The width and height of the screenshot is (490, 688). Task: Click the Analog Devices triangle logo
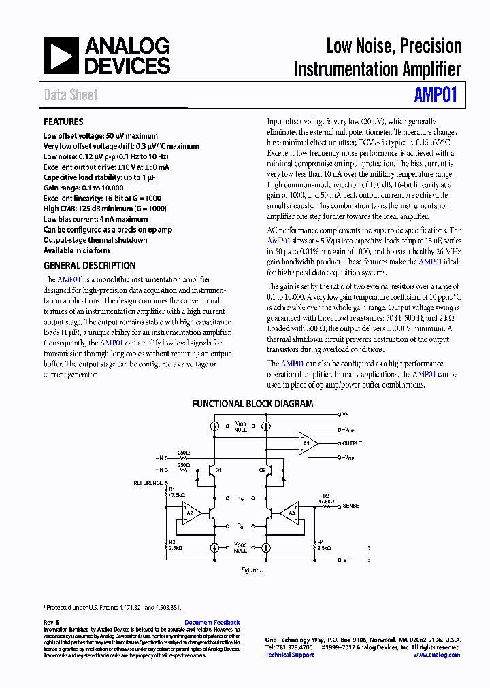[x=61, y=56]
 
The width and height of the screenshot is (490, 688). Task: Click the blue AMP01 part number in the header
[x=436, y=94]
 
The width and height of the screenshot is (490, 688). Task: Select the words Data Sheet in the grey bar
[x=71, y=95]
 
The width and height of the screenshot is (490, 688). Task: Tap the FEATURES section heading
[x=63, y=122]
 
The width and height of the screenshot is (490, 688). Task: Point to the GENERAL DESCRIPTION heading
[x=89, y=266]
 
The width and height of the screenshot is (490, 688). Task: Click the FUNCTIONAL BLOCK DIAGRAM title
[x=252, y=404]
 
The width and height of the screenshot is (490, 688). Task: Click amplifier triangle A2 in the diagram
[x=192, y=513]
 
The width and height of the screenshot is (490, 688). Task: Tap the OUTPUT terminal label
[x=353, y=443]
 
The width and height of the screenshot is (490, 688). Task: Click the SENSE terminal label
[x=350, y=506]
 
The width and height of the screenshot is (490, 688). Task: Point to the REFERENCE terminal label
[x=148, y=483]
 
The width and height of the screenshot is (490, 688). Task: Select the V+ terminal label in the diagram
[x=346, y=414]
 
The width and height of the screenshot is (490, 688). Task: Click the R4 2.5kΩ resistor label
[x=324, y=545]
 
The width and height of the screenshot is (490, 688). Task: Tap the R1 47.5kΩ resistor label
[x=176, y=492]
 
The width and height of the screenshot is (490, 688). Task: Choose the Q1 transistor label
[x=218, y=470]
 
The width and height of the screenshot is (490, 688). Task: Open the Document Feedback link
[x=212, y=623]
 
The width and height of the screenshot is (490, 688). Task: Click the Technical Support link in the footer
[x=289, y=655]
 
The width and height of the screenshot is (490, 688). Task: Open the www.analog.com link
[x=436, y=655]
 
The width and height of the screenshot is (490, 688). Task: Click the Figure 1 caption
[x=250, y=570]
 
